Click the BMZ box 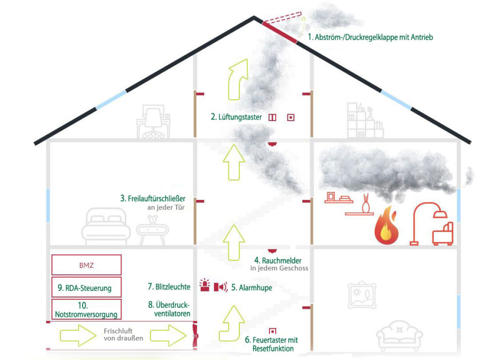86,265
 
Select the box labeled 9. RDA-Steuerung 86,287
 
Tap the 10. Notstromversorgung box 86,309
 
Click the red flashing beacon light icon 205,286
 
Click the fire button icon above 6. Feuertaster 273,331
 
